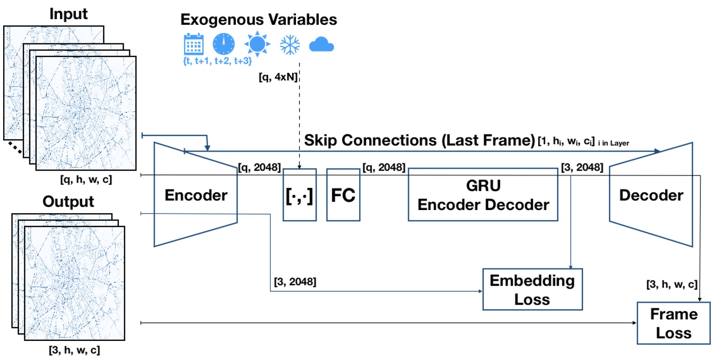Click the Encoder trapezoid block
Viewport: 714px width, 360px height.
pos(196,196)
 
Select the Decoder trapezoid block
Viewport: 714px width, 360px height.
pos(651,196)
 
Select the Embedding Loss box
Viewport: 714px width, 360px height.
pos(532,290)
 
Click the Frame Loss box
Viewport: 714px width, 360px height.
pos(673,323)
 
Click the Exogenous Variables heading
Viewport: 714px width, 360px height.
pos(259,20)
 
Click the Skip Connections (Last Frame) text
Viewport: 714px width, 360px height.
pos(419,140)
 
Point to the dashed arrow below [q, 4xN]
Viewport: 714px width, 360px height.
pos(300,124)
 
